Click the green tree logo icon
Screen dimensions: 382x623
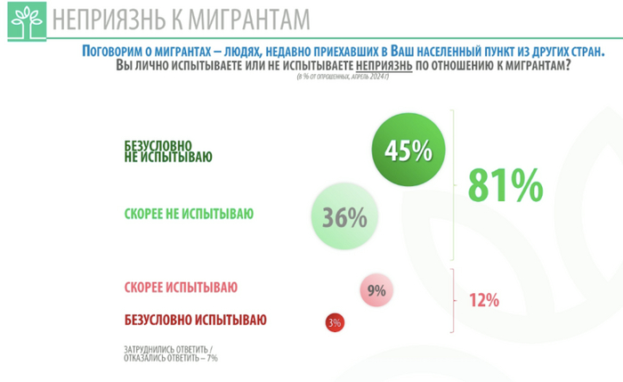tap(24, 23)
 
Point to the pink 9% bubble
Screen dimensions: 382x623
tap(376, 289)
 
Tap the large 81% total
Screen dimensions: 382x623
tap(504, 185)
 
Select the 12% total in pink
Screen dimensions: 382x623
tap(483, 300)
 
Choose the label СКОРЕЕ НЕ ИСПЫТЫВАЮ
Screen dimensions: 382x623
tap(188, 214)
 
